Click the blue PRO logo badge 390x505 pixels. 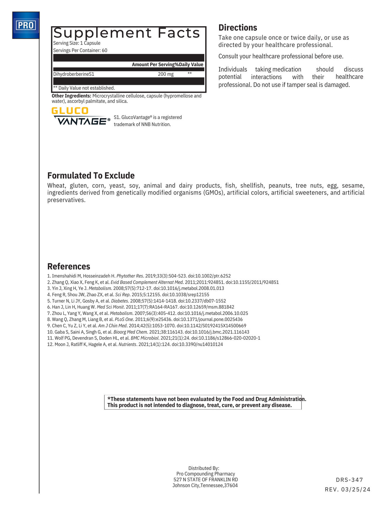(26, 25)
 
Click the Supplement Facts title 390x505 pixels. (127, 33)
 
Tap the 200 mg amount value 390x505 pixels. (166, 74)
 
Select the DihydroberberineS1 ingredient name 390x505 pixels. (74, 74)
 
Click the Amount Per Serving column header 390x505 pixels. (153, 65)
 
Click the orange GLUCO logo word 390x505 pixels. (70, 111)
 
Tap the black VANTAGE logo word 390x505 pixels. (82, 121)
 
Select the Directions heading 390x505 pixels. (238, 28)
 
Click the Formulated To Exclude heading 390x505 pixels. (91, 175)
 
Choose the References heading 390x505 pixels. (69, 266)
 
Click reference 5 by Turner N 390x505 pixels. (137, 301)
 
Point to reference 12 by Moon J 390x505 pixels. (135, 344)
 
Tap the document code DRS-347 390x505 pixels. (350, 480)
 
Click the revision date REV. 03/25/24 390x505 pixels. (348, 490)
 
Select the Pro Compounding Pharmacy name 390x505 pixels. (205, 474)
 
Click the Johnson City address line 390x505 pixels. (205, 486)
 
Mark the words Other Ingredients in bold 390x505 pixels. (71, 96)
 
